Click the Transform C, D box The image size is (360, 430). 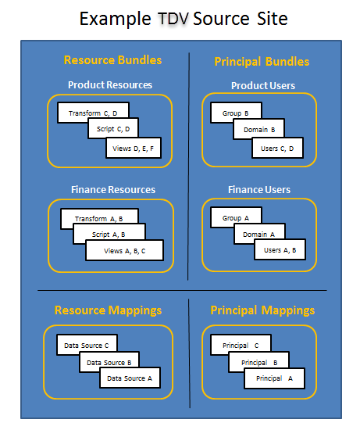click(93, 113)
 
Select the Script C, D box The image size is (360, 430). click(113, 128)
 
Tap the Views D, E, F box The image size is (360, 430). click(134, 148)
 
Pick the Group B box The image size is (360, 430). click(236, 113)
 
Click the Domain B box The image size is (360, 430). click(259, 129)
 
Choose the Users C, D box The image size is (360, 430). click(277, 148)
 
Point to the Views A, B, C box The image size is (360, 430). click(125, 250)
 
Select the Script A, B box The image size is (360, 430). click(109, 234)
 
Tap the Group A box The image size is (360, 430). click(236, 217)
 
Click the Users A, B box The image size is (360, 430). click(280, 249)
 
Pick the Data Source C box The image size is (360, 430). click(87, 345)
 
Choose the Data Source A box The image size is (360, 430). click(130, 378)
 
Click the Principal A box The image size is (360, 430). click(275, 378)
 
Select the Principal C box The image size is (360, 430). click(241, 345)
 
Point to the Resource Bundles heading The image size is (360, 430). click(112, 60)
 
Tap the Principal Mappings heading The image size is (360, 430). click(262, 310)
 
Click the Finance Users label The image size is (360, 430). click(259, 189)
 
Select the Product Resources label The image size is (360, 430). click(110, 84)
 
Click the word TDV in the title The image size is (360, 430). click(173, 19)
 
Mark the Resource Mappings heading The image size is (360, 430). click(108, 310)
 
